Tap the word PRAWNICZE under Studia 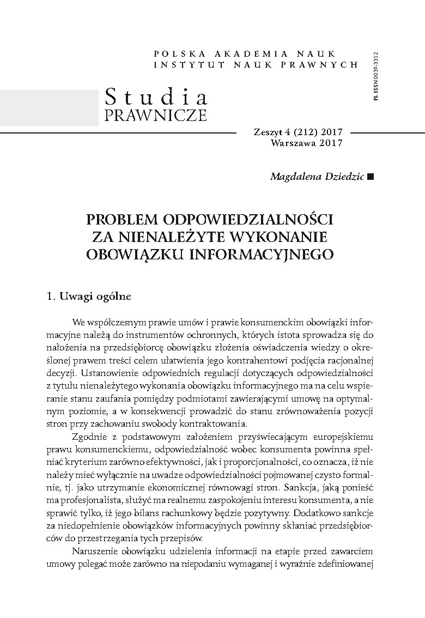[x=155, y=116]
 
